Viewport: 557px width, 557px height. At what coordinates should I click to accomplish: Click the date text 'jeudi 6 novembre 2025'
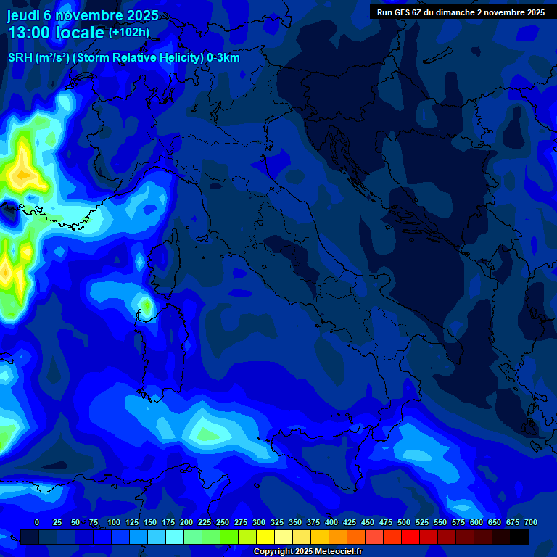[x=83, y=15]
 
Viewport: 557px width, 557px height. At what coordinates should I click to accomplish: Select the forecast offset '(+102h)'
[x=128, y=32]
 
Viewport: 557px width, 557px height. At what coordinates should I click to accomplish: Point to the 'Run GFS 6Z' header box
[x=461, y=12]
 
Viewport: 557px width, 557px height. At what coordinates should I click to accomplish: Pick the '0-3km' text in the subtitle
[x=223, y=58]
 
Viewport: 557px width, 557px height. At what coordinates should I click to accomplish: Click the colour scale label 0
[x=37, y=522]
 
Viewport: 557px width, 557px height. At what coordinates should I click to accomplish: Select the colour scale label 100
[x=113, y=522]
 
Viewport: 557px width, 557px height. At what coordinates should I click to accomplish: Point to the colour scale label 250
[x=223, y=522]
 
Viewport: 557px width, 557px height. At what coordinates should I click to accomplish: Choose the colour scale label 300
[x=259, y=522]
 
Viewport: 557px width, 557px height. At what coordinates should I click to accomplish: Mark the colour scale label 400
[x=331, y=522]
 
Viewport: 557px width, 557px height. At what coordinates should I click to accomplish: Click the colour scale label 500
[x=404, y=522]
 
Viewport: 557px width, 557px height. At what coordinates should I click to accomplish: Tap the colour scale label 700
[x=531, y=522]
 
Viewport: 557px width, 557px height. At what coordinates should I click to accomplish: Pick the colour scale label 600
[x=476, y=522]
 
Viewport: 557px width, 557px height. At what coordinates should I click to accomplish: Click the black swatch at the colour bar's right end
[x=519, y=537]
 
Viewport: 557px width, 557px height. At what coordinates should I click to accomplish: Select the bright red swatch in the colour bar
[x=410, y=537]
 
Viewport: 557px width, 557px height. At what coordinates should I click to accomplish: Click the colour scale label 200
[x=186, y=522]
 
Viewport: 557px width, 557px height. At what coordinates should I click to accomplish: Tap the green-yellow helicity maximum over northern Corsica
[x=146, y=305]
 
